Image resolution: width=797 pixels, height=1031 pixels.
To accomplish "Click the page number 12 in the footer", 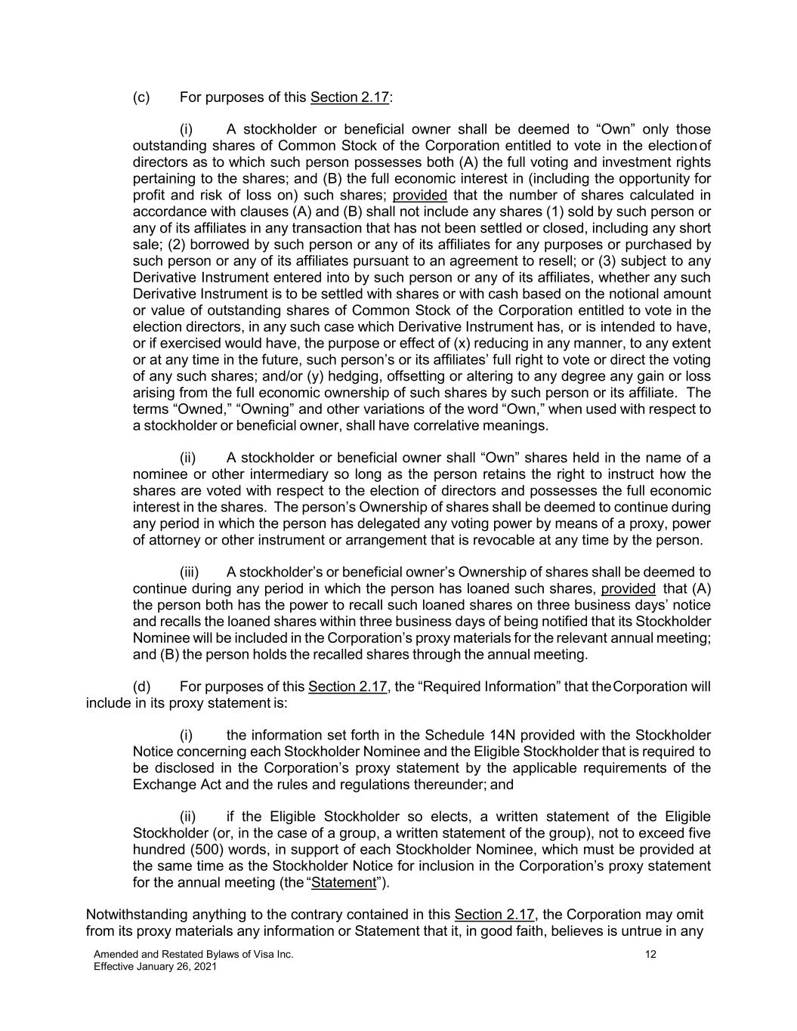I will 650,954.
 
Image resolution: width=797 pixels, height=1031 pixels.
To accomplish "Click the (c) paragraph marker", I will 141,97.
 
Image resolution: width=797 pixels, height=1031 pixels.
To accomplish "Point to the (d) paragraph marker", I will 141,687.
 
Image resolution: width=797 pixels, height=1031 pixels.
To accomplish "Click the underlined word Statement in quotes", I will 344,882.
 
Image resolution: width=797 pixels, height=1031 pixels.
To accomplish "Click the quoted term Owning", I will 226,409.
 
